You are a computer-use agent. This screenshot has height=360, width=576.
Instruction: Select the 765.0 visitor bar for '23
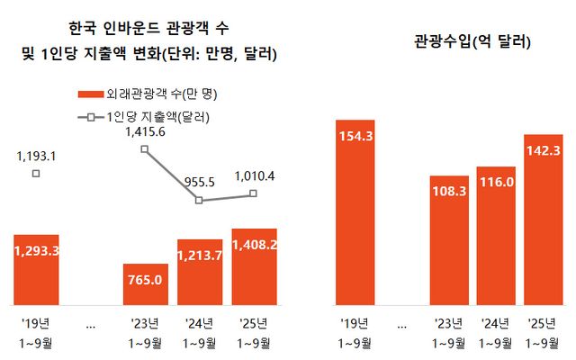145,283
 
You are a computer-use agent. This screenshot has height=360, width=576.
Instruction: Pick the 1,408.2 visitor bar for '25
254,266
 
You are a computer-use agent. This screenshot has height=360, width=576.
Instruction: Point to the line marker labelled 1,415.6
145,148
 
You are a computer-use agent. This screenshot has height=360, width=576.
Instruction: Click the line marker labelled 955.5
200,200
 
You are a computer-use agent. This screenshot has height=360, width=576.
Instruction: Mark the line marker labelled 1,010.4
254,193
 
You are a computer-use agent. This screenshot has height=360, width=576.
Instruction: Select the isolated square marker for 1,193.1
36,173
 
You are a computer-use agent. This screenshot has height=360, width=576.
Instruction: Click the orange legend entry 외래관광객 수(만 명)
153,94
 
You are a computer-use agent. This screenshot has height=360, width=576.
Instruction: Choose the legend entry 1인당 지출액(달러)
153,116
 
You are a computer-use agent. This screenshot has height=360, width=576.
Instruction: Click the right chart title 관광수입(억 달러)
472,41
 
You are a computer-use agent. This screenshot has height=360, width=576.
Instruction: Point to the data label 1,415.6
146,131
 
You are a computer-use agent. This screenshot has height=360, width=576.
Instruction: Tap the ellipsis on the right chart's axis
400,326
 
